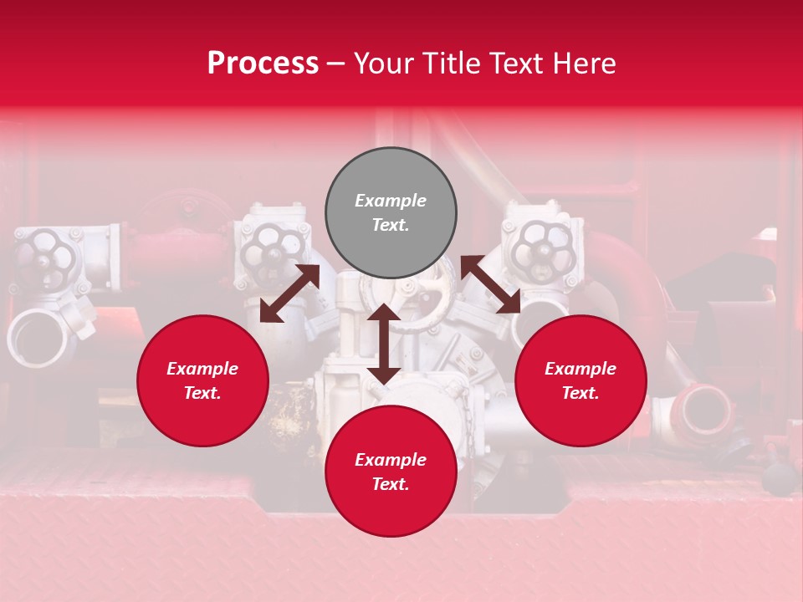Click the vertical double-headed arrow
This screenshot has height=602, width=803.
click(383, 344)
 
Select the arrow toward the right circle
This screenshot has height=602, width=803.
click(491, 284)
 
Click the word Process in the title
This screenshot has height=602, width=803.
click(263, 63)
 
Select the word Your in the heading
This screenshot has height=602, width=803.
click(382, 63)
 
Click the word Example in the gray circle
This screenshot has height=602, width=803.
click(391, 201)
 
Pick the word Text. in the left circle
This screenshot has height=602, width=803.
click(202, 393)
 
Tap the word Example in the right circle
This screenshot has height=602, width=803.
click(581, 369)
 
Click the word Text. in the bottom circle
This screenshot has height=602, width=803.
click(391, 484)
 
